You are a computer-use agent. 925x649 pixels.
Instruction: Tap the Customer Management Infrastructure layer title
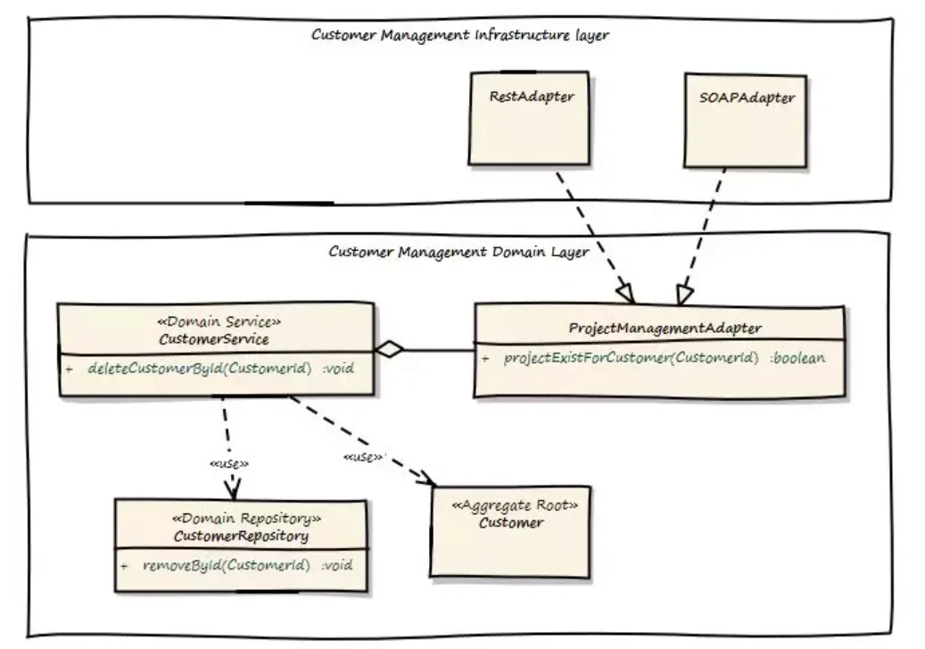point(459,35)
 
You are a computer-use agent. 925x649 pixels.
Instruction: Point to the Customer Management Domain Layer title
point(458,252)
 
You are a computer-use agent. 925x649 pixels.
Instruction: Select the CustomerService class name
point(214,338)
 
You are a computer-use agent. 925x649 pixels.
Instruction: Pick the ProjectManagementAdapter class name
point(665,328)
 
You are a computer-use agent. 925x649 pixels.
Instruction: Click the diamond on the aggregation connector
point(390,350)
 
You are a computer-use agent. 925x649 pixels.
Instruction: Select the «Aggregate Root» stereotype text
point(515,505)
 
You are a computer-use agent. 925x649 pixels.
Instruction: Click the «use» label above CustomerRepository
point(228,464)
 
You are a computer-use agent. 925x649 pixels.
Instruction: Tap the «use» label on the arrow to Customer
point(362,457)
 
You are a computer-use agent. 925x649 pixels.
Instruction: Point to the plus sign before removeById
point(124,565)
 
